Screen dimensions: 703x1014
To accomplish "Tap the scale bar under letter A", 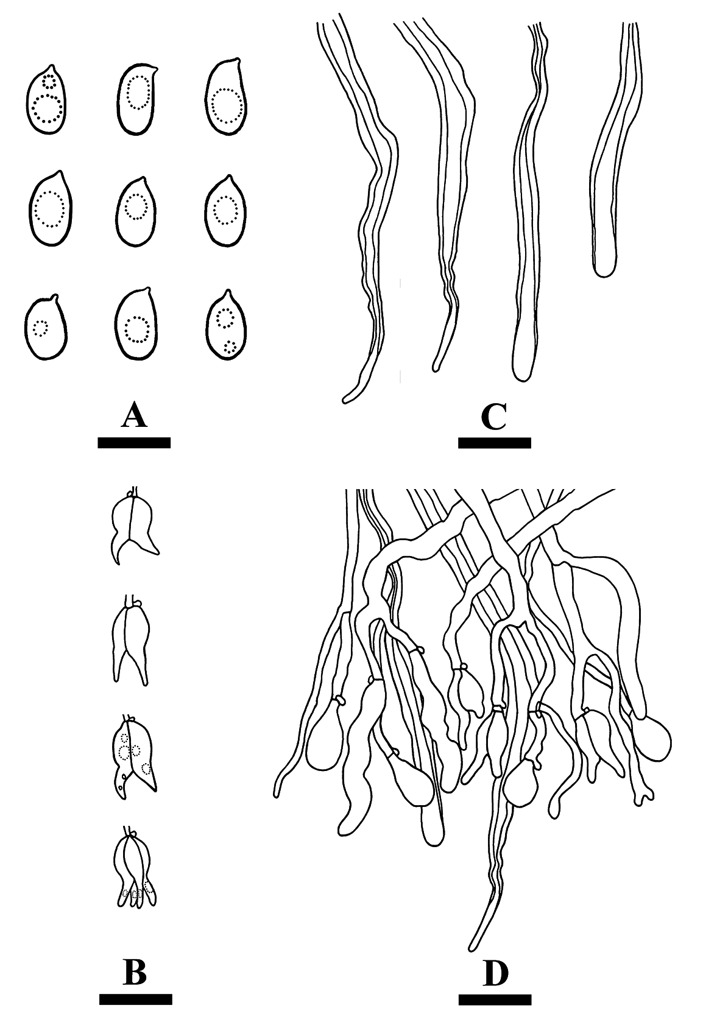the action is pos(134,442).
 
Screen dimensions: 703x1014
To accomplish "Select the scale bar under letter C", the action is pos(494,442).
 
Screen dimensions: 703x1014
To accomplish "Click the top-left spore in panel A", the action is pos(46,100).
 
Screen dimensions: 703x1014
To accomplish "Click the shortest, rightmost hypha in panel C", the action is pos(615,149).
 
